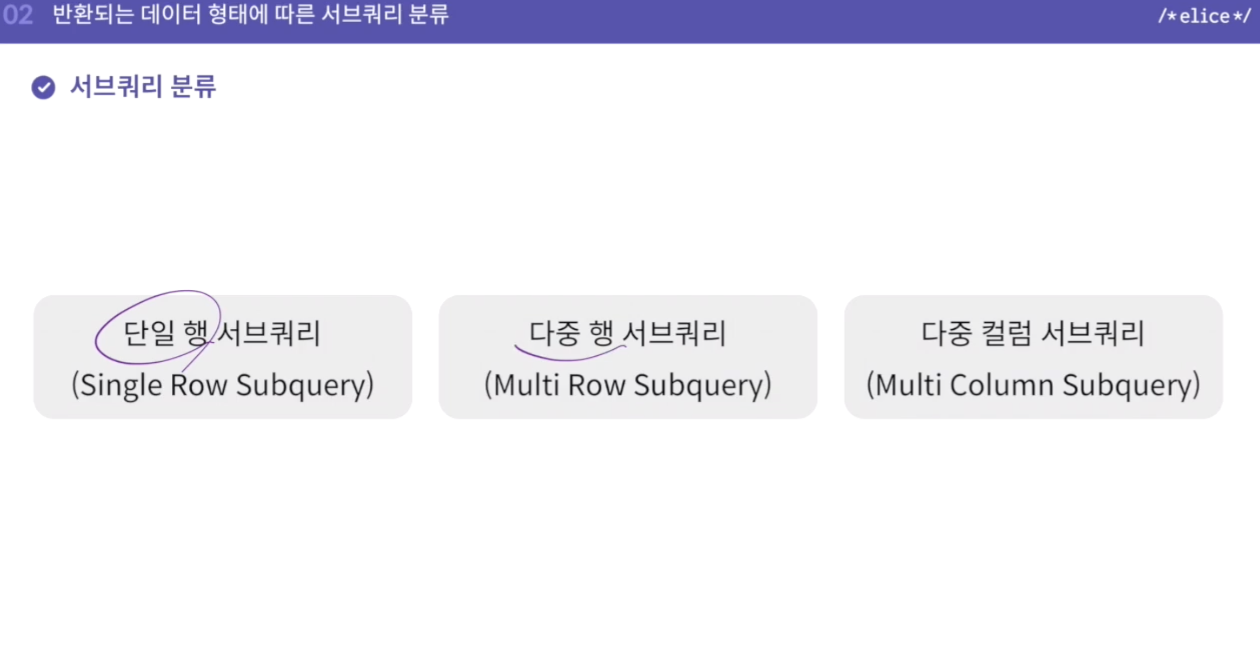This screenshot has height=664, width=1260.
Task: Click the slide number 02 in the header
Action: click(x=18, y=15)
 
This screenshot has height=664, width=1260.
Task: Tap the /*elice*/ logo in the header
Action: click(x=1204, y=16)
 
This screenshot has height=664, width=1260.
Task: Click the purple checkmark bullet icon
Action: click(x=43, y=87)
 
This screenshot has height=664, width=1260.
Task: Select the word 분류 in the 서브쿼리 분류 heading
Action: click(x=193, y=87)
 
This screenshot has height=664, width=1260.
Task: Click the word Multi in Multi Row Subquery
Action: click(x=526, y=386)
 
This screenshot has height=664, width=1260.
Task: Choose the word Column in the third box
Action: click(x=1002, y=386)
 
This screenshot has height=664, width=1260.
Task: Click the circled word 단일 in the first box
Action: click(x=149, y=333)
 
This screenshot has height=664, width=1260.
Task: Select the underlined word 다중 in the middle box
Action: click(x=554, y=333)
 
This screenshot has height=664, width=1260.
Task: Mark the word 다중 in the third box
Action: click(x=946, y=333)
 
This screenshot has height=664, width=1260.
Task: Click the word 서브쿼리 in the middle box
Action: click(x=675, y=333)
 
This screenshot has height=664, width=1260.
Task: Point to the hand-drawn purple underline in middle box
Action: click(x=568, y=357)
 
